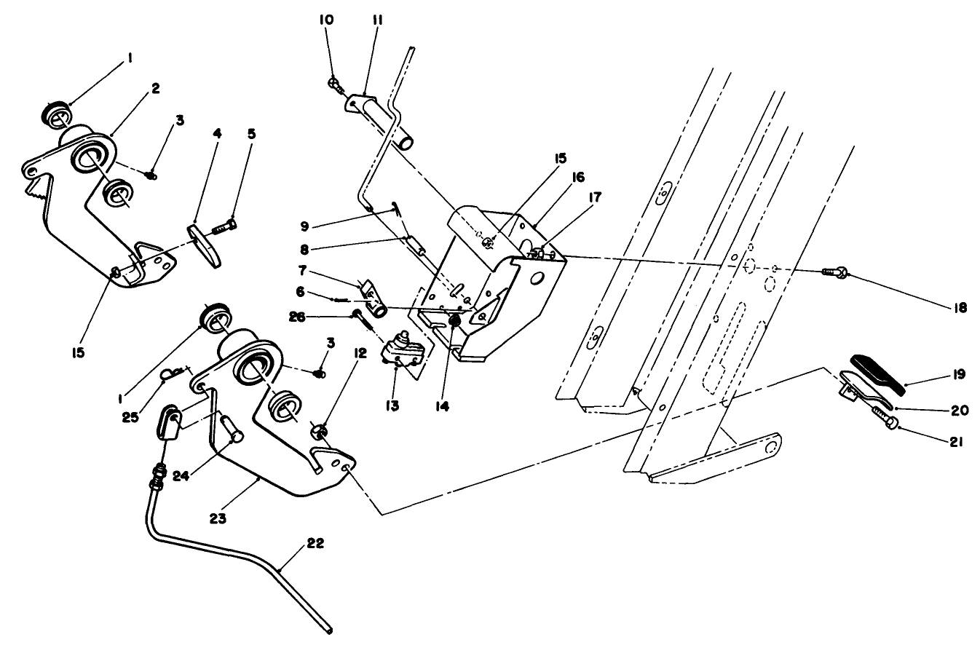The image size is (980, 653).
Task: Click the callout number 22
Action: point(315,543)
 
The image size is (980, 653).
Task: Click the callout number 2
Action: point(155,88)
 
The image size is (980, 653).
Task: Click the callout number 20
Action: point(960,411)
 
